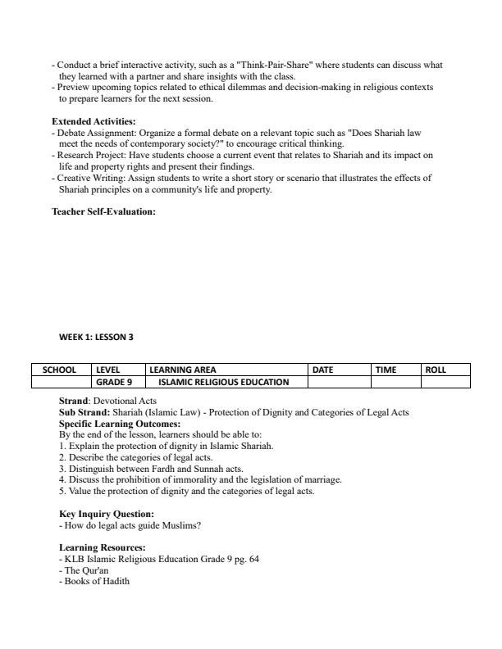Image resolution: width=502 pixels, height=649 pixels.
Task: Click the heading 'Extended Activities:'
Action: pyautogui.click(x=94, y=121)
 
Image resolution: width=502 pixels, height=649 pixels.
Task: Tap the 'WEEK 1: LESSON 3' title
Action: pyautogui.click(x=96, y=337)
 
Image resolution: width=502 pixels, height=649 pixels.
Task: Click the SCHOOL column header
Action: pyautogui.click(x=60, y=370)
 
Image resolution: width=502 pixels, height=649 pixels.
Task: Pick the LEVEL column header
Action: pyautogui.click(x=108, y=370)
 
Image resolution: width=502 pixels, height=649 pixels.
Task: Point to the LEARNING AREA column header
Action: pyautogui.click(x=182, y=370)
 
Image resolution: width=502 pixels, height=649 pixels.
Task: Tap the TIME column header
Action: pyautogui.click(x=386, y=370)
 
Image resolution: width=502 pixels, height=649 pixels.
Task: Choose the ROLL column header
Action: pyautogui.click(x=436, y=370)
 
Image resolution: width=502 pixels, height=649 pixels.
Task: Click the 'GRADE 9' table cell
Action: pyautogui.click(x=114, y=382)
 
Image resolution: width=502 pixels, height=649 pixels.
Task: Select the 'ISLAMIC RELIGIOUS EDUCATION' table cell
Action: pyautogui.click(x=224, y=382)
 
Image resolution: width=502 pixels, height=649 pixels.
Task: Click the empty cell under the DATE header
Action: pyautogui.click(x=340, y=382)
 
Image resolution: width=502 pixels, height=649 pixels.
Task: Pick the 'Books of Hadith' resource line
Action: pyautogui.click(x=94, y=582)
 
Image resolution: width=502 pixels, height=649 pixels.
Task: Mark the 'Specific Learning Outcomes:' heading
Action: pyautogui.click(x=120, y=424)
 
